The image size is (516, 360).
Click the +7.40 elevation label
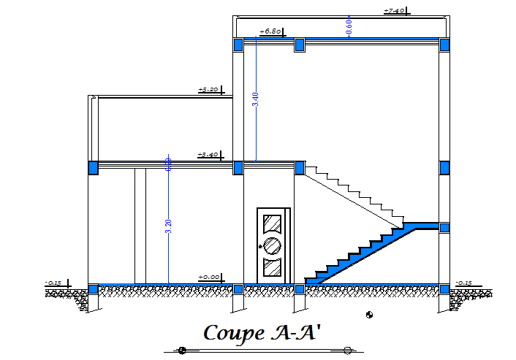click(x=395, y=10)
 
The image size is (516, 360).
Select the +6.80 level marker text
click(x=270, y=31)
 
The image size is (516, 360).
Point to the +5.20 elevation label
click(x=208, y=90)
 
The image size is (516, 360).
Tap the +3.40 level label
click(x=208, y=155)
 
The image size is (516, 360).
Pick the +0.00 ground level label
click(x=209, y=277)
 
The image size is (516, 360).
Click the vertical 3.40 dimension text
click(x=255, y=100)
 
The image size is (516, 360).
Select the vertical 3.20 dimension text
click(x=169, y=226)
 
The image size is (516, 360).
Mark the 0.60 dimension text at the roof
click(x=349, y=26)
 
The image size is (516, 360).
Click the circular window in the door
click(x=273, y=245)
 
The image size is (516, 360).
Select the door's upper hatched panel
click(x=273, y=223)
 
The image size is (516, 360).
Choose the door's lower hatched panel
click(x=273, y=267)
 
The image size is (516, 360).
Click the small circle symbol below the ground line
click(x=369, y=315)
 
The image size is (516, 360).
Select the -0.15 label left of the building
click(x=53, y=282)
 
